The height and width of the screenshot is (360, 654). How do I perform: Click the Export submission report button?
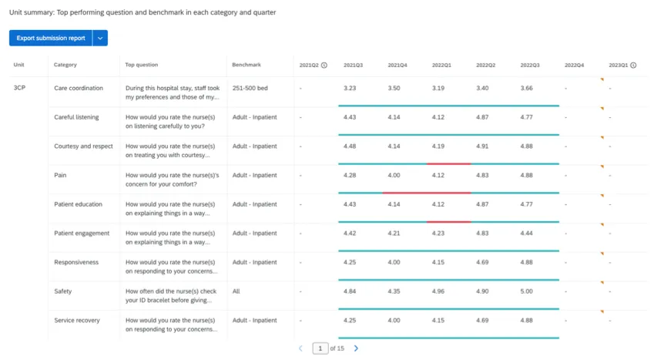pos(50,38)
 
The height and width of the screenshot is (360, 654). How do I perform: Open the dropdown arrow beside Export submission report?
pos(100,38)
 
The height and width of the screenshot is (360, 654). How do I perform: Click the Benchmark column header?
pos(247,65)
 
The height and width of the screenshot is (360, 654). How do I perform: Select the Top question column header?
pos(142,65)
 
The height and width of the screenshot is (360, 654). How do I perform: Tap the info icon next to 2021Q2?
pos(324,65)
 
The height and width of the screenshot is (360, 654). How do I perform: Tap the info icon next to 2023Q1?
pos(633,65)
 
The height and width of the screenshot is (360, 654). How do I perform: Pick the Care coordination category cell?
pos(79,88)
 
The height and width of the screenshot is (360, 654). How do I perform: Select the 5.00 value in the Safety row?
pos(527,291)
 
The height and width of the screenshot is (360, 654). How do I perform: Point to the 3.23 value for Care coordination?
pos(350,88)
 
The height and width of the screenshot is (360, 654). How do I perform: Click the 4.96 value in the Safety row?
pos(438,291)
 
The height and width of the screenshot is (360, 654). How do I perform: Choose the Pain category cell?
pos(60,175)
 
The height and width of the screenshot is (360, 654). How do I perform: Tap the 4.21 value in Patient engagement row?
pos(394,233)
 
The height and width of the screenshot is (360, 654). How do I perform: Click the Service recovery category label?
pos(77,320)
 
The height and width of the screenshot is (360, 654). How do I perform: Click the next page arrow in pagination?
pos(356,348)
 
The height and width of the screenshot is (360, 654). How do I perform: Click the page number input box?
pos(320,348)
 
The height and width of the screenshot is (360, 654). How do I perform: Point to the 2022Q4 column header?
pos(574,65)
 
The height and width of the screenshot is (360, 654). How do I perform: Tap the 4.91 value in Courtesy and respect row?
pos(482,146)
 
